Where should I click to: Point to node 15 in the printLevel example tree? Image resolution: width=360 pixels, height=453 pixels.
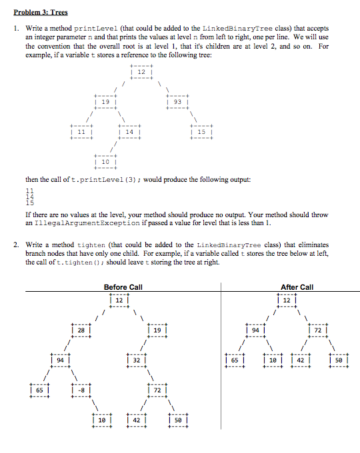pyautogui.click(x=201, y=132)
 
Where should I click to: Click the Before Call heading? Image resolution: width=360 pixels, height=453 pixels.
pyautogui.click(x=123, y=287)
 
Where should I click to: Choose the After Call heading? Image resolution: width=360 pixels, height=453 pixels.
pyautogui.click(x=297, y=287)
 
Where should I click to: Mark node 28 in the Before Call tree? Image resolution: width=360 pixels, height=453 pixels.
pyautogui.click(x=80, y=329)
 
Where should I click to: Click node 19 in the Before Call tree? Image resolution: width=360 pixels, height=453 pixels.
pyautogui.click(x=156, y=329)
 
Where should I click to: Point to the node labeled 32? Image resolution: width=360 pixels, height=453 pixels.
pyautogui.click(x=137, y=360)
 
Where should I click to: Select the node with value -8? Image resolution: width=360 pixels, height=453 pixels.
pyautogui.click(x=80, y=390)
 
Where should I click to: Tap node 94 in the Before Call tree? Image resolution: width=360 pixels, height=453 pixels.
pyautogui.click(x=61, y=360)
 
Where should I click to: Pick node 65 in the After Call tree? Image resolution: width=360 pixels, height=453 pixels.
pyautogui.click(x=235, y=360)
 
